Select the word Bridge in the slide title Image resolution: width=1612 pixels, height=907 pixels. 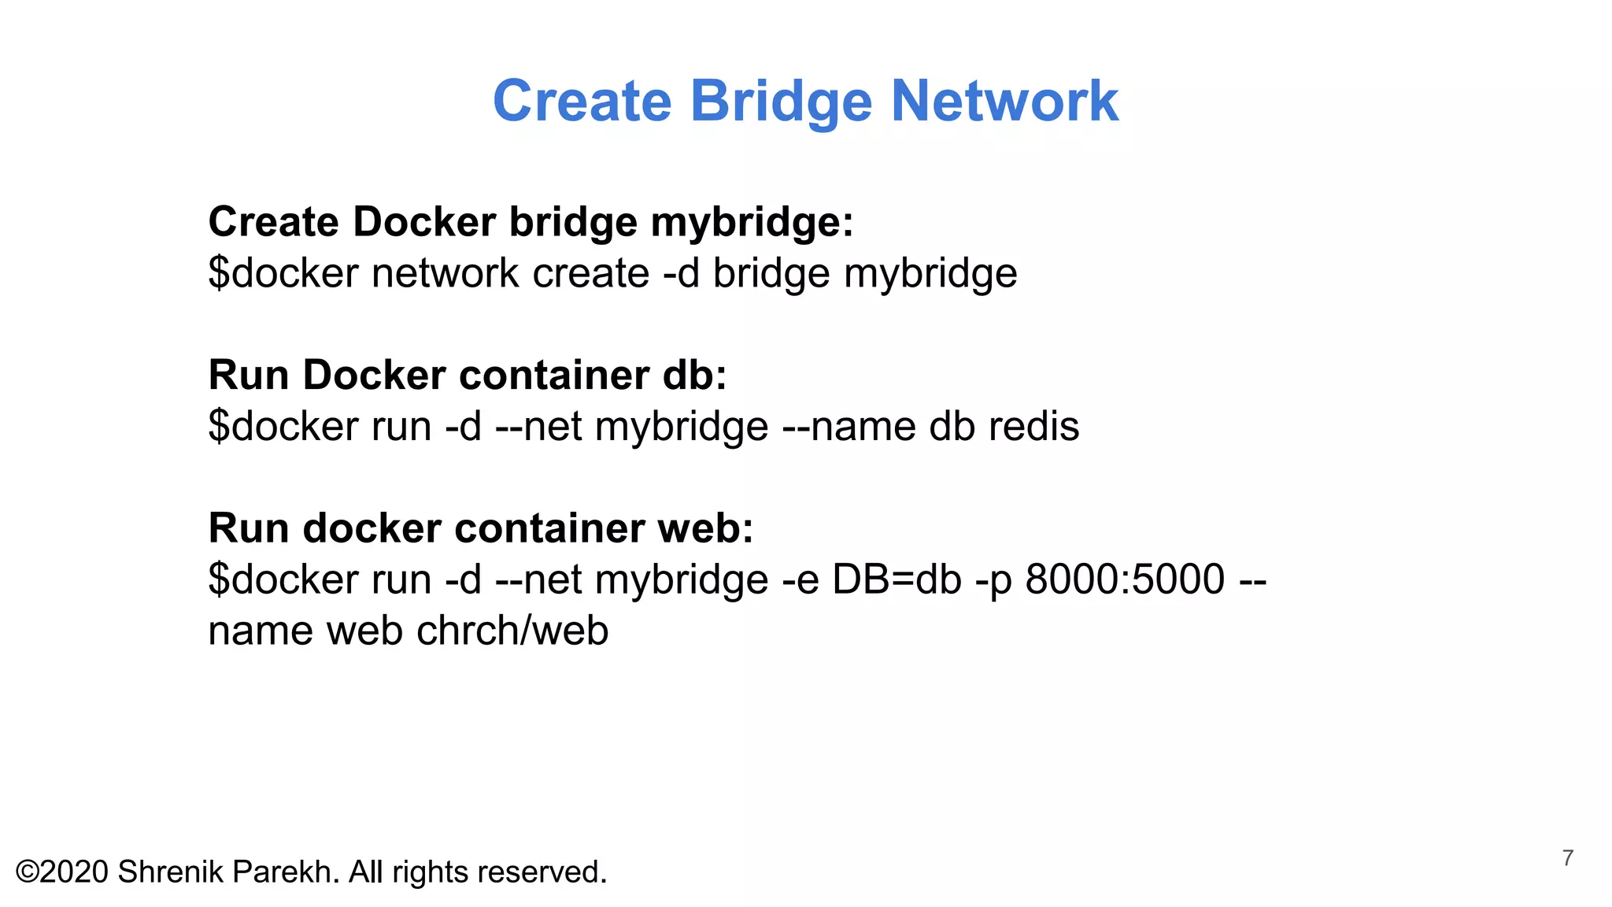pos(781,102)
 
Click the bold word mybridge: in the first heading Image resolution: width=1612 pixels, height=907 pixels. pos(752,223)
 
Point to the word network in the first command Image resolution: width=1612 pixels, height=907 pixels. pos(445,273)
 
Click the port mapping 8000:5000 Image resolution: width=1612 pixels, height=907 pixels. pos(1125,579)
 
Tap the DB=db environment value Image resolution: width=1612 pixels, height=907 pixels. pos(897,579)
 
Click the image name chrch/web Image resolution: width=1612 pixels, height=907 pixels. pos(512,631)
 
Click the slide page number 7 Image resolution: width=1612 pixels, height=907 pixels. pos(1567,857)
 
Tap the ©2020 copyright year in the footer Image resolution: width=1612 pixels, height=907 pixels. pos(62,872)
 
